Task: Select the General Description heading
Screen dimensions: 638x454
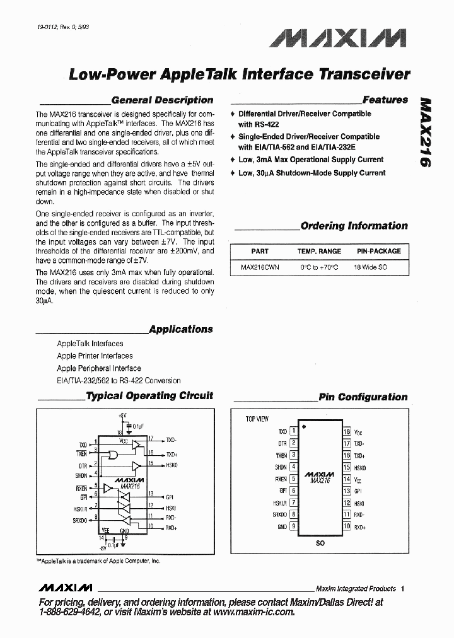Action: (162, 100)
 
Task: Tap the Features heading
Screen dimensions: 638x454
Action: (385, 100)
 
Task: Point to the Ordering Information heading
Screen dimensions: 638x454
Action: (354, 226)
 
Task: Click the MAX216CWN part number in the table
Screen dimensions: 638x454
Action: (260, 267)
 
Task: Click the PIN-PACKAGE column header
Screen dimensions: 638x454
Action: (378, 251)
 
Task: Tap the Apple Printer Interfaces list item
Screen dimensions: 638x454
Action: (95, 356)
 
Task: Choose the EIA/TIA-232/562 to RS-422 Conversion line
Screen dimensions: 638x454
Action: (119, 381)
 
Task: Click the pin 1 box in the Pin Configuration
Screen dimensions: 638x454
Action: (293, 432)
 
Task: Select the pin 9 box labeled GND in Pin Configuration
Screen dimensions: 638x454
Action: (293, 526)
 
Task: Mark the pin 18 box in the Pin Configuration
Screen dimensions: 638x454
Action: (347, 432)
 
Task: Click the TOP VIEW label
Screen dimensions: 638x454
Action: (257, 419)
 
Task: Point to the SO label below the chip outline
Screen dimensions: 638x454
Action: (320, 543)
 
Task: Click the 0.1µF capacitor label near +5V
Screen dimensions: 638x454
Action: (140, 426)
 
